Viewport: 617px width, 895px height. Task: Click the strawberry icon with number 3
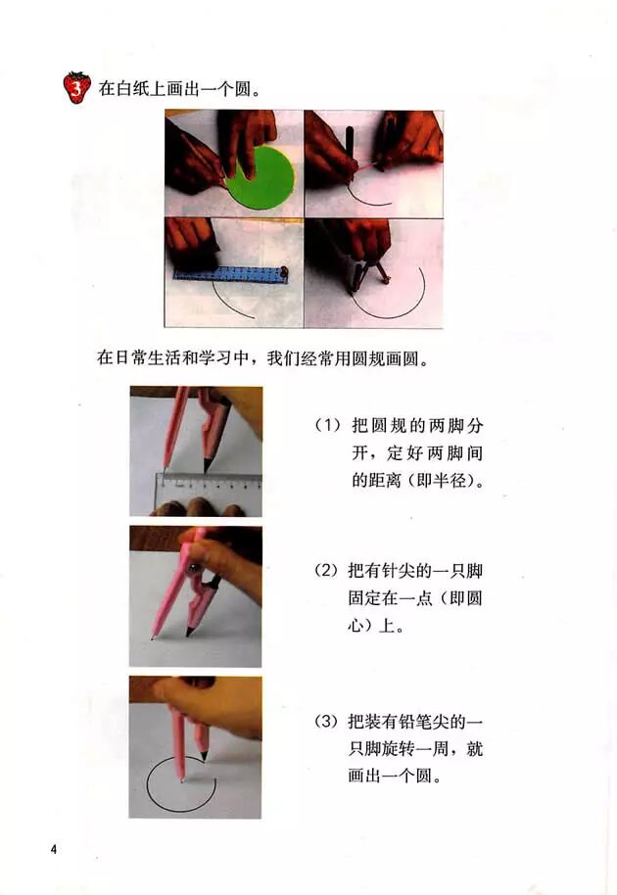[77, 87]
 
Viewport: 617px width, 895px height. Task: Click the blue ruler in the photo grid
[230, 273]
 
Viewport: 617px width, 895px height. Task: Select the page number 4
[54, 849]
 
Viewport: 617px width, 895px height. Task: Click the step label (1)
[328, 426]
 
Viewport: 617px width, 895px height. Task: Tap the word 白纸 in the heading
[132, 89]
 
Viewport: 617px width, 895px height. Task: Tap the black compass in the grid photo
[368, 274]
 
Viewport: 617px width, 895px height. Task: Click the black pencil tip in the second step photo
[189, 632]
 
